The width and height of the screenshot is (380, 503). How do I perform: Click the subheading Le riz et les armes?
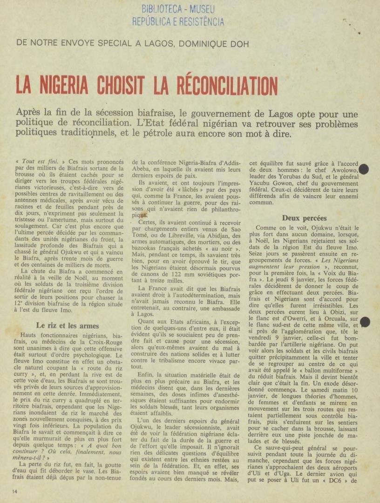tap(68, 326)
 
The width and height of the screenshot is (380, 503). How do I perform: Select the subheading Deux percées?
tap(304, 218)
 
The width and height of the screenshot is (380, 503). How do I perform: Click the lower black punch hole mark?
tap(365, 321)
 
